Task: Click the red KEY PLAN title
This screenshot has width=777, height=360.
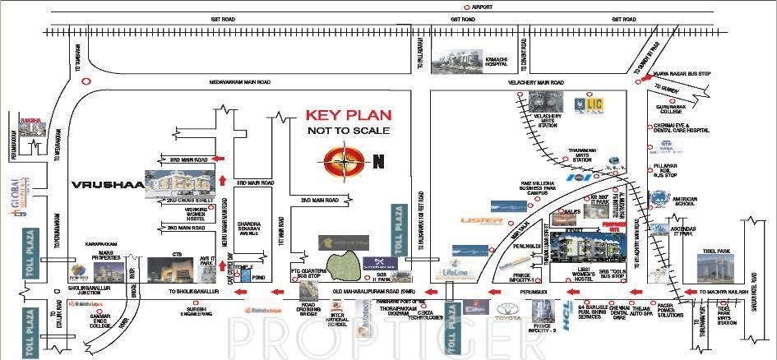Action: click(x=349, y=115)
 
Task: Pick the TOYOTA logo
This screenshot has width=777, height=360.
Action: click(x=508, y=311)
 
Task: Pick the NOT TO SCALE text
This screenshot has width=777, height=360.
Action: click(x=349, y=131)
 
